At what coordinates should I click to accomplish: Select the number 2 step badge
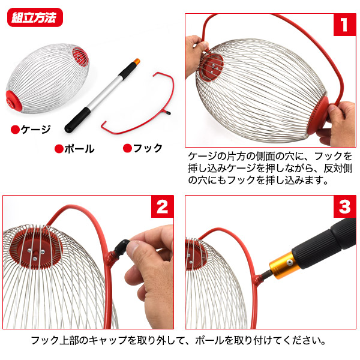pyautogui.click(x=161, y=208)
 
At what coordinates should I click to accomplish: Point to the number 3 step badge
pyautogui.click(x=344, y=208)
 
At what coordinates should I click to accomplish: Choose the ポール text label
pyautogui.click(x=79, y=149)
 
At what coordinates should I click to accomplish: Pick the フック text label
pyautogui.click(x=147, y=148)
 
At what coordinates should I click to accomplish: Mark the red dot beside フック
pyautogui.click(x=127, y=148)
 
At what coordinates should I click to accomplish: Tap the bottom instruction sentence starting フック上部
pyautogui.click(x=180, y=340)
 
